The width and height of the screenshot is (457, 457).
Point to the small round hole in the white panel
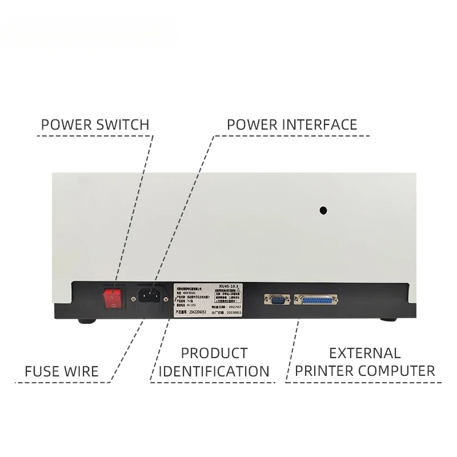[x=323, y=210]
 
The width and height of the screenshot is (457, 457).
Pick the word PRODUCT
[x=214, y=353]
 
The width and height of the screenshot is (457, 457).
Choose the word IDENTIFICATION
[x=214, y=371]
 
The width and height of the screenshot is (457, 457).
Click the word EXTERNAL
[x=365, y=353]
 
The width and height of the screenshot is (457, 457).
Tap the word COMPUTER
[x=398, y=371]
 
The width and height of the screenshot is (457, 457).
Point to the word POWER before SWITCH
[x=65, y=124]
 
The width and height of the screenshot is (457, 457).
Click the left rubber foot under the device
[x=88, y=322]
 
